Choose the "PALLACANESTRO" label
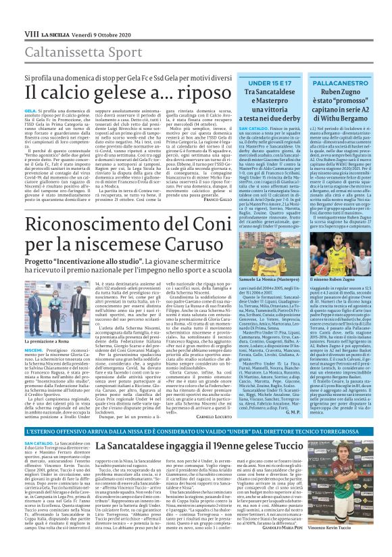click(341, 81)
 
